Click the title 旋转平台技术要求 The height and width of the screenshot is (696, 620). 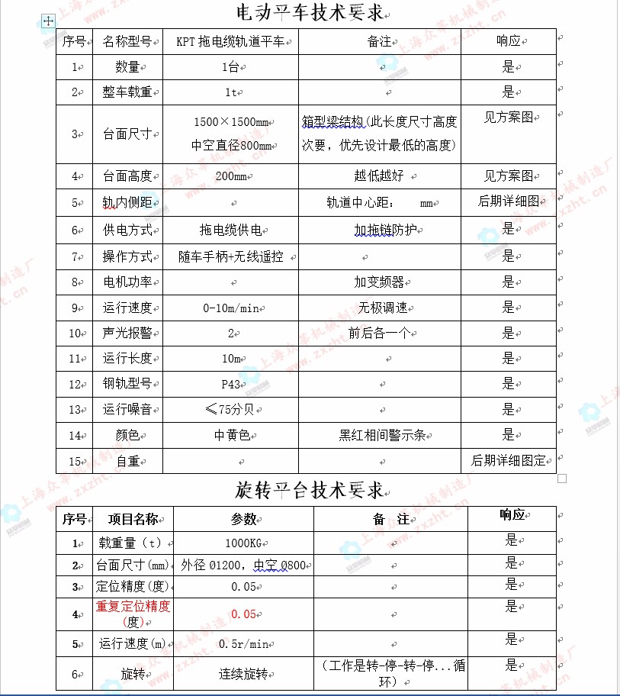[x=309, y=488]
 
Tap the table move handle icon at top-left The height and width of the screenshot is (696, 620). [x=48, y=21]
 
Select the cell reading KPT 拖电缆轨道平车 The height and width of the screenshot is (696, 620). [x=232, y=41]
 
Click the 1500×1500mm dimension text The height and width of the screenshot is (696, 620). [x=231, y=122]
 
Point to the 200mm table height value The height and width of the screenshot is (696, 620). [x=230, y=176]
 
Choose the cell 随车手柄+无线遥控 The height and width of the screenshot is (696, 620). [x=230, y=256]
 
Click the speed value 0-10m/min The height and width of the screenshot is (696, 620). [x=230, y=308]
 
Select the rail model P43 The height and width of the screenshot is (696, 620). [x=230, y=384]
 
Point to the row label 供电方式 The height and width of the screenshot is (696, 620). [x=127, y=230]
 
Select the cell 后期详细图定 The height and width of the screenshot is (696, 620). [x=509, y=460]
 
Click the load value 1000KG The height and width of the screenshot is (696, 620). [x=244, y=543]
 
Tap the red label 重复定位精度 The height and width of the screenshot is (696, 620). [x=133, y=607]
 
